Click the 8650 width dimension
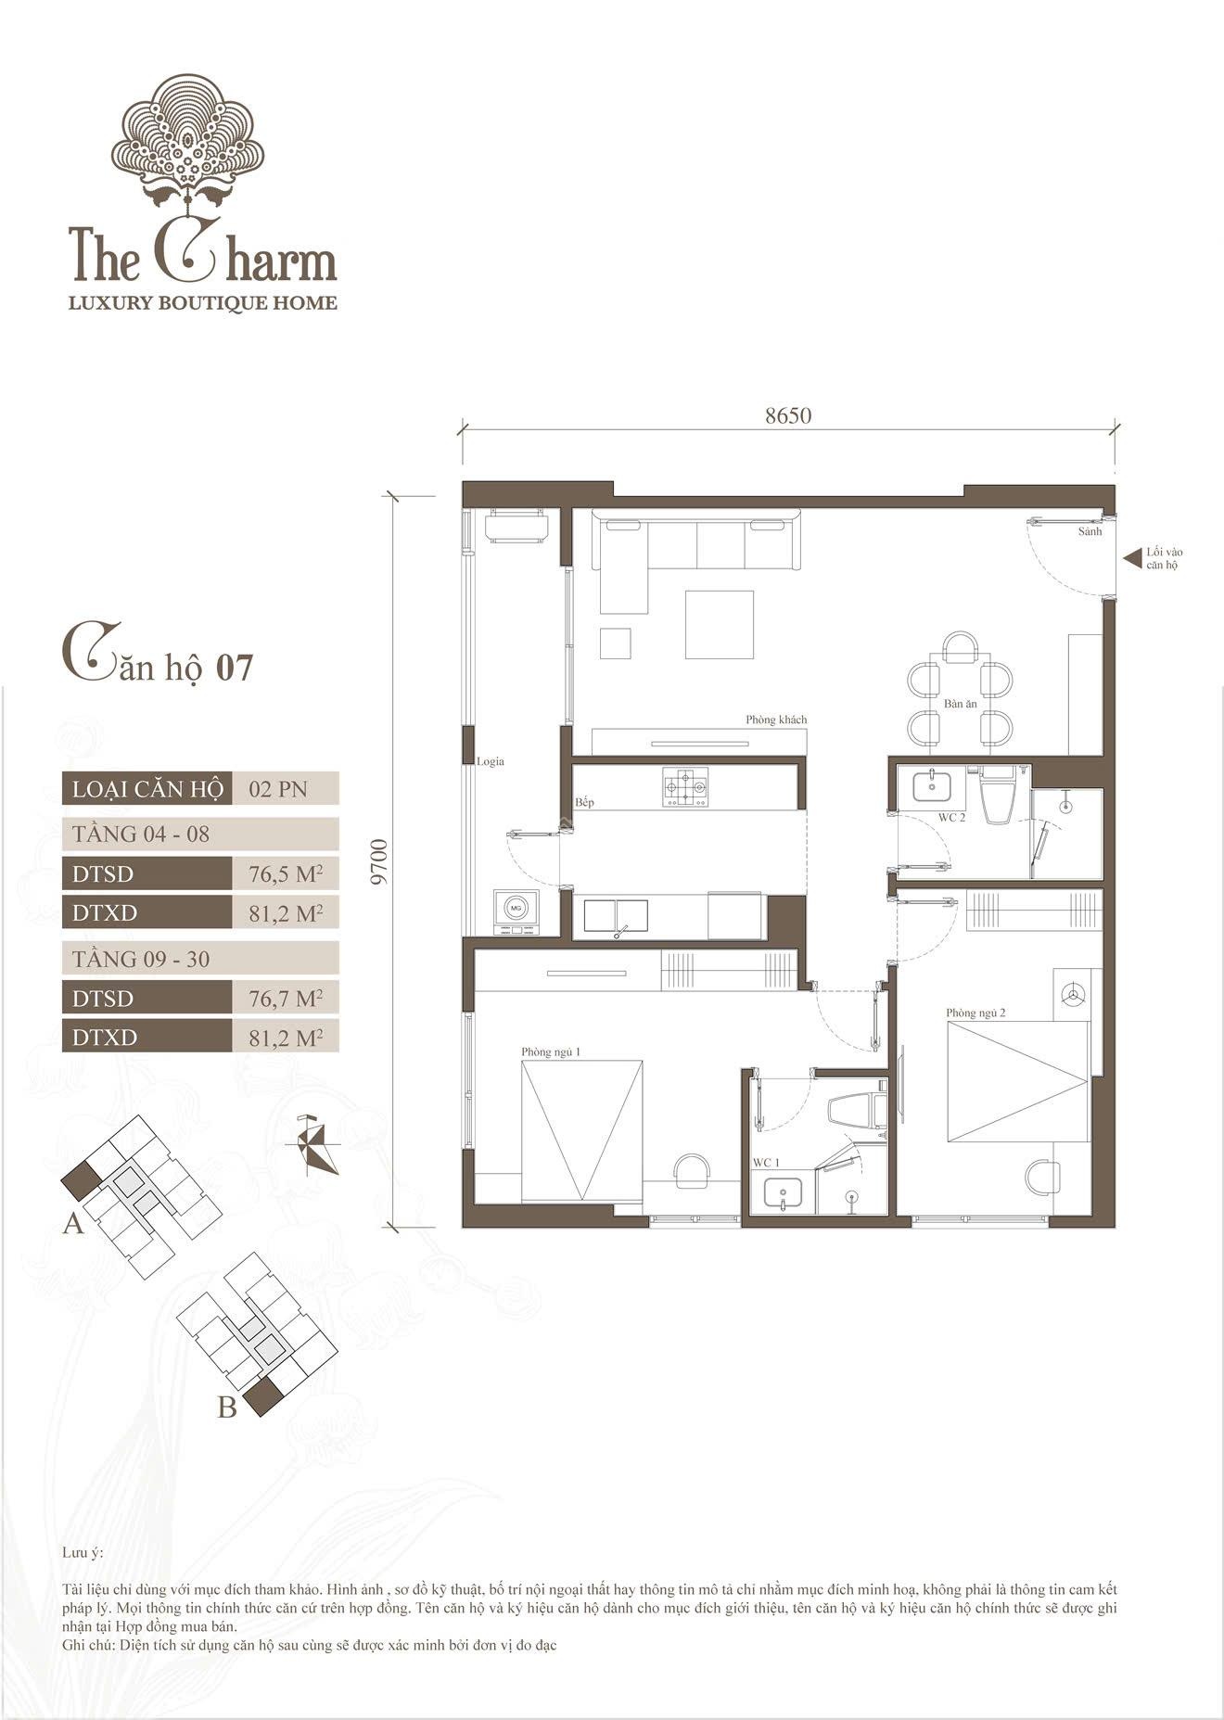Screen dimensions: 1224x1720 (x=788, y=415)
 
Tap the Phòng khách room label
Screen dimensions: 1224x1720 (x=776, y=720)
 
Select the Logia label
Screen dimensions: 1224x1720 (x=491, y=761)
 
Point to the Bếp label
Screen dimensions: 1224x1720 (x=584, y=802)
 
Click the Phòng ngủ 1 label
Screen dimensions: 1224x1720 (x=551, y=1051)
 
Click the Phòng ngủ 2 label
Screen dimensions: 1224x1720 (x=975, y=1013)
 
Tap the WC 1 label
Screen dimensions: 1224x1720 (x=766, y=1163)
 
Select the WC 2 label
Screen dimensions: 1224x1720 (x=951, y=818)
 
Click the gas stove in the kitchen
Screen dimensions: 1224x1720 (x=685, y=787)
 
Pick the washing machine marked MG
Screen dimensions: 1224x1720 (x=516, y=912)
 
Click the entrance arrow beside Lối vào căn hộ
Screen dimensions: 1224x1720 (x=1131, y=558)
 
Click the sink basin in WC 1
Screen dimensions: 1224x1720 (x=784, y=1192)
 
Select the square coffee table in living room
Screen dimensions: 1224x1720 (x=720, y=624)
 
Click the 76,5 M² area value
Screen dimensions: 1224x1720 (x=286, y=873)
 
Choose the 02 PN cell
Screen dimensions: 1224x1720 (x=278, y=789)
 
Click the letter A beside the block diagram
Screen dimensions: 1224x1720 (x=73, y=1224)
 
